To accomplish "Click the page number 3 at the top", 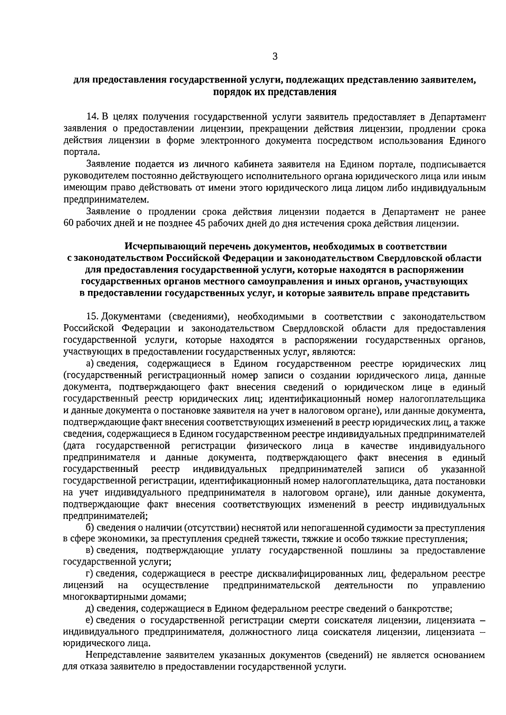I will tap(275, 56).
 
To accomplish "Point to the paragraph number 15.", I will tap(92, 317).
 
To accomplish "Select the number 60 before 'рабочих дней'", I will tap(69, 223).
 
